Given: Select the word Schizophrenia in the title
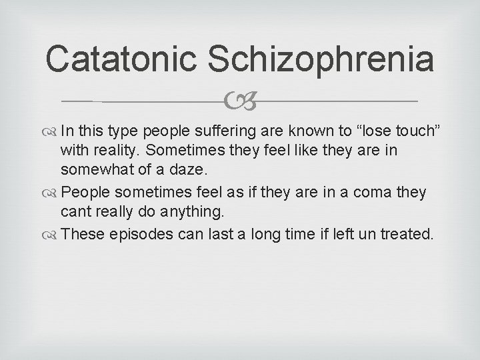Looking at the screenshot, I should click(321, 60).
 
